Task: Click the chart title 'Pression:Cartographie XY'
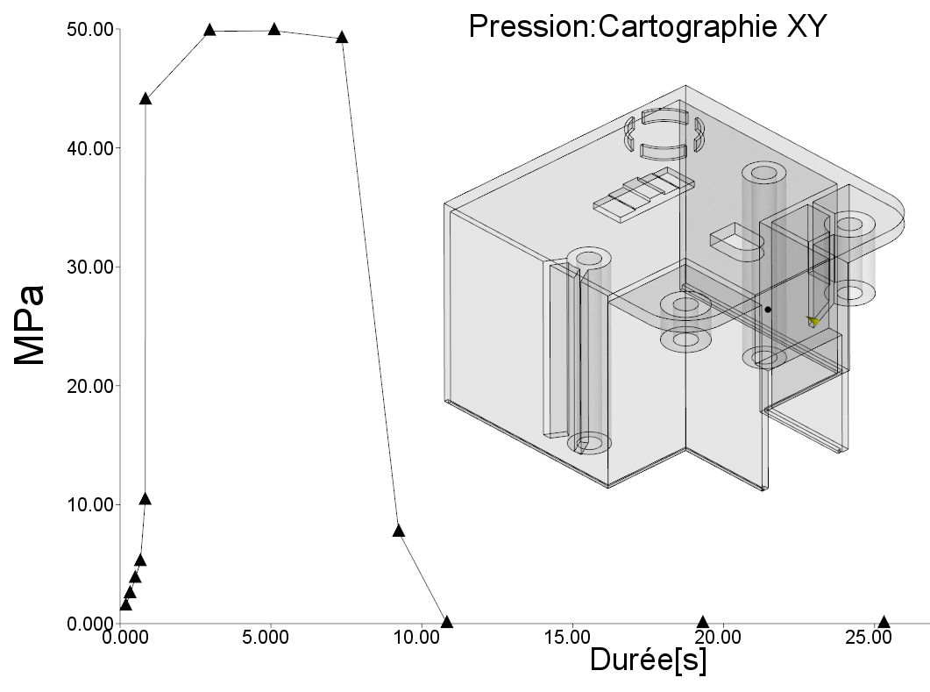(647, 26)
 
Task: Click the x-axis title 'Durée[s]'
(648, 660)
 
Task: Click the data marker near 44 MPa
(146, 99)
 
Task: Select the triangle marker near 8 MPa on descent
(399, 531)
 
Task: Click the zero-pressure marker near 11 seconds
(447, 622)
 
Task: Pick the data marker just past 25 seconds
(884, 622)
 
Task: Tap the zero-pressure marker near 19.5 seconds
(702, 622)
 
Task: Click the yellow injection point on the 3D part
(813, 322)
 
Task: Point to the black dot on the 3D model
(768, 310)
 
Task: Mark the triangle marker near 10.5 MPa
(146, 499)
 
